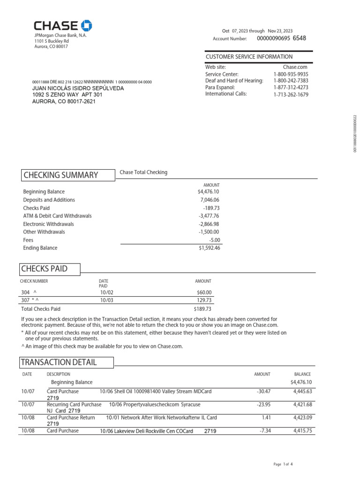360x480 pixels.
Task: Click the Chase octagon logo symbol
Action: pyautogui.click(x=87, y=26)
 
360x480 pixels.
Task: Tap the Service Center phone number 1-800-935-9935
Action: pyautogui.click(x=291, y=74)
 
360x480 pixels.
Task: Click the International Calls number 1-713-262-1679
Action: pyautogui.click(x=291, y=94)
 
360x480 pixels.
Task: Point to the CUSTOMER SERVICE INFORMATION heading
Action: pyautogui.click(x=249, y=57)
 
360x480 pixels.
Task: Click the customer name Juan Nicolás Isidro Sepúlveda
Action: pyautogui.click(x=78, y=88)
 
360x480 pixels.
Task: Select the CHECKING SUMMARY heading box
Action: pyautogui.click(x=68, y=175)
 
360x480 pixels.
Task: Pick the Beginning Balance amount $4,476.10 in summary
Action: pyautogui.click(x=209, y=192)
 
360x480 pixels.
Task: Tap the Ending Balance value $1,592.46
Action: pyautogui.click(x=209, y=248)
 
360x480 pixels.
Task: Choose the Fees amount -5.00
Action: pyautogui.click(x=214, y=240)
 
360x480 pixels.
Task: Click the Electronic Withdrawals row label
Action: pyautogui.click(x=48, y=224)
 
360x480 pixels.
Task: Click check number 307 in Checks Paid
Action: pyautogui.click(x=26, y=300)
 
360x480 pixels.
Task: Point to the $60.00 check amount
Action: pyautogui.click(x=204, y=292)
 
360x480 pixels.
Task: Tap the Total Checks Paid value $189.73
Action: pyautogui.click(x=202, y=309)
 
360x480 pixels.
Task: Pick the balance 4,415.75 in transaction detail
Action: pyautogui.click(x=302, y=431)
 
